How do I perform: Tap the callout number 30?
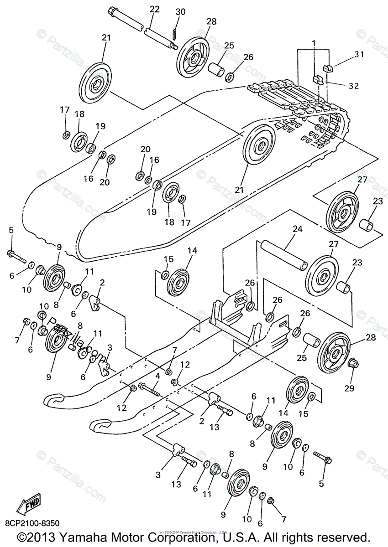[180, 12]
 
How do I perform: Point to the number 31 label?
[359, 54]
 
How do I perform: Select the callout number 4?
[157, 377]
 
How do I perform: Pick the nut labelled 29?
[352, 363]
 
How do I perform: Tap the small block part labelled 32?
[318, 79]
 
